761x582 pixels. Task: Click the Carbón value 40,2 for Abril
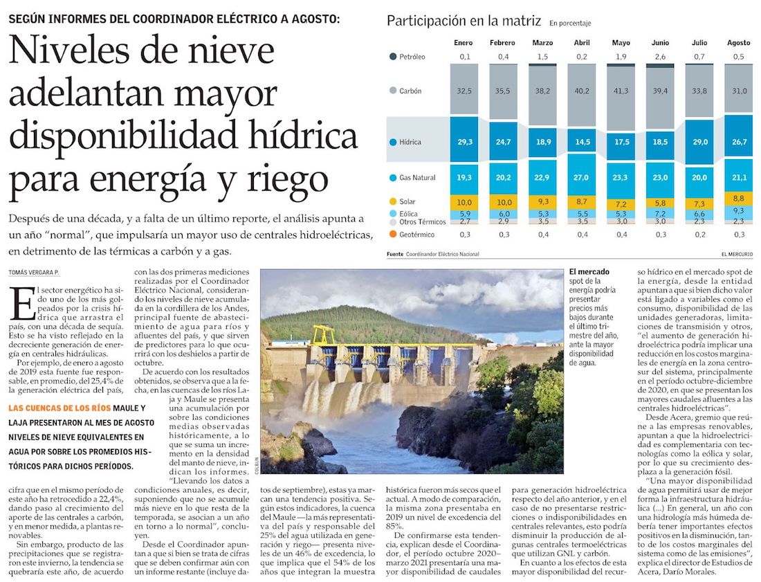[582, 91]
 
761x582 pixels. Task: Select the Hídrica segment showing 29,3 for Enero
[464, 142]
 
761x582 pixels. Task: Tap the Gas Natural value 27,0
[582, 177]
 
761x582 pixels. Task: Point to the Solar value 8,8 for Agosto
[739, 198]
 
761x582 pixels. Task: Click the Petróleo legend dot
[393, 57]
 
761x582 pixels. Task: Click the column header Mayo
[621, 43]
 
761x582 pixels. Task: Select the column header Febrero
[502, 43]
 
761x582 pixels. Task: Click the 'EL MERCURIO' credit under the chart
[736, 254]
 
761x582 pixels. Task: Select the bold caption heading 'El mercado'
[587, 272]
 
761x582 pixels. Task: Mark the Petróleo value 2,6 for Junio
[661, 57]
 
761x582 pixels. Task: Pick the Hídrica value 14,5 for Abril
[582, 142]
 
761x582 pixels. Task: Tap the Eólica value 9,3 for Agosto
[739, 210]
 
